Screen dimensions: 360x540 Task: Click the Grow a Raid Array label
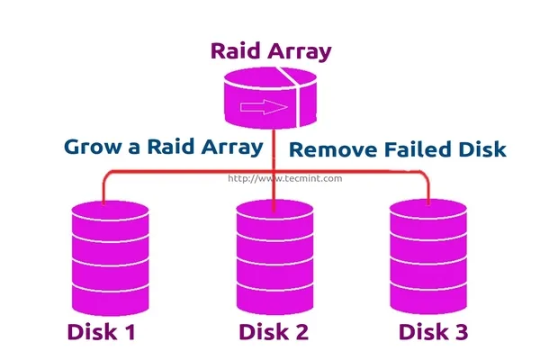[163, 147]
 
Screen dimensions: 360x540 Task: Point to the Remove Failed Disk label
[397, 150]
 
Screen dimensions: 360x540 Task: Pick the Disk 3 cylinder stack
[427, 251]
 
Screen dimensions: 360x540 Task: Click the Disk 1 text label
[101, 332]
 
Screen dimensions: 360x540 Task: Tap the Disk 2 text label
[274, 332]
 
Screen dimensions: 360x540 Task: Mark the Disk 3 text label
[433, 332]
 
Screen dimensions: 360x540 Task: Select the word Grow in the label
[94, 147]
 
